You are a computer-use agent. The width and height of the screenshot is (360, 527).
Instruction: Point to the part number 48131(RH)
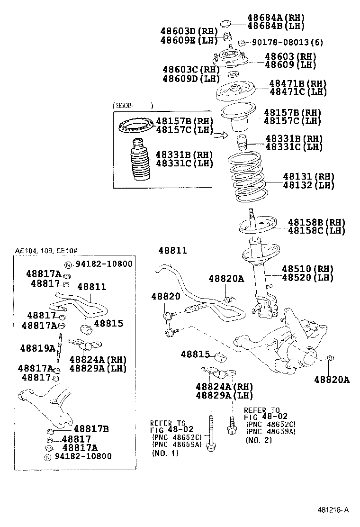point(308,177)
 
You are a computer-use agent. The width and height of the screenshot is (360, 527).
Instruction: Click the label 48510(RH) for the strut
point(308,268)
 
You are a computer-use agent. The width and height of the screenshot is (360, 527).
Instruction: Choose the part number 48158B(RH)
point(316,222)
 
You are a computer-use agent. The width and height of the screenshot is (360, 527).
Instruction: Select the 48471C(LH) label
point(298,92)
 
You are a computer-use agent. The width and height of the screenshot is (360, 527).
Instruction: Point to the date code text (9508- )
point(134,106)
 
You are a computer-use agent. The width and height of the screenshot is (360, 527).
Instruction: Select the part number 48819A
point(38,348)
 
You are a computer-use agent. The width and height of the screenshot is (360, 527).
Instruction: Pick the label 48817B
point(91,429)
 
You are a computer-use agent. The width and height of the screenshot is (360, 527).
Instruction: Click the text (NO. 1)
point(165,454)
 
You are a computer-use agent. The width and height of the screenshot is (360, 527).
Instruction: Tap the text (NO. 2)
point(259,440)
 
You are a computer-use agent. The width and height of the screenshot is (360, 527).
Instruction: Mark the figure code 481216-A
point(333,510)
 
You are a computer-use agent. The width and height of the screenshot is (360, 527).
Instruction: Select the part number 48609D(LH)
point(187,78)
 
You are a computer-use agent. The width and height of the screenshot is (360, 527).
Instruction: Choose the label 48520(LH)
point(308,277)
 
